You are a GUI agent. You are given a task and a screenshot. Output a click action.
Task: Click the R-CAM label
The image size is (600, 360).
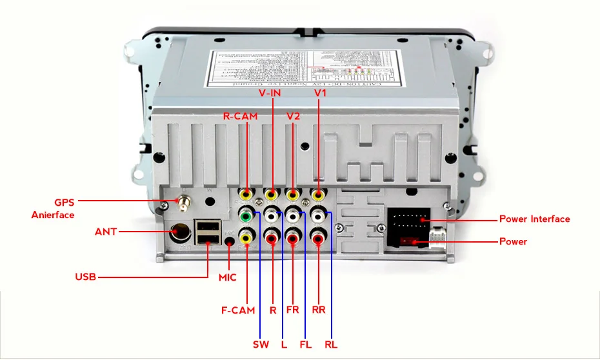[240, 117]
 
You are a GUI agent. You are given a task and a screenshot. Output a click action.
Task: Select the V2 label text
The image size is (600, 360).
[293, 117]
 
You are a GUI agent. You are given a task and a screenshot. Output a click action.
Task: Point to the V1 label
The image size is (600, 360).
[321, 94]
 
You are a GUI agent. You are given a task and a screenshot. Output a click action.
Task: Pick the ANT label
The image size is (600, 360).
[106, 231]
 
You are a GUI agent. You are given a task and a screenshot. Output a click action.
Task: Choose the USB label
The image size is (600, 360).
[85, 277]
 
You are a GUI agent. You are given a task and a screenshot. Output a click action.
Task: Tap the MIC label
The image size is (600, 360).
[227, 278]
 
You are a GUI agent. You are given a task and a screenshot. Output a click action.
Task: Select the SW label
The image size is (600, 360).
[260, 344]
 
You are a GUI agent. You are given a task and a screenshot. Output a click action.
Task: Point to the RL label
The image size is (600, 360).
[330, 344]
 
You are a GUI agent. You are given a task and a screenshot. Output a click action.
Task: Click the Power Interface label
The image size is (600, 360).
[534, 219]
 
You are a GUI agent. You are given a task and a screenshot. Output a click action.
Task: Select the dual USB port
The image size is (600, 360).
[206, 234]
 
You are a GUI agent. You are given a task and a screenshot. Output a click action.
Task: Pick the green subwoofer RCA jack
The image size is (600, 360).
[246, 215]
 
